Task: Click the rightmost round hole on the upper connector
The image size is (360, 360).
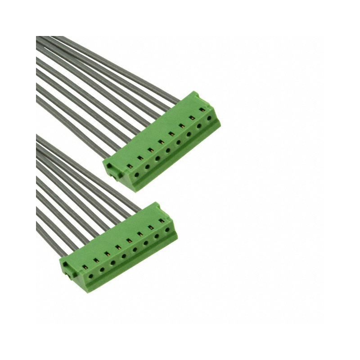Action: pyautogui.click(x=209, y=119)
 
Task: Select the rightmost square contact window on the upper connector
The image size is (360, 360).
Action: pyautogui.click(x=202, y=109)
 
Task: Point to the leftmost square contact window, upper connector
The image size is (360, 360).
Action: pyautogui.click(x=130, y=166)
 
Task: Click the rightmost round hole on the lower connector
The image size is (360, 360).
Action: pyautogui.click(x=167, y=229)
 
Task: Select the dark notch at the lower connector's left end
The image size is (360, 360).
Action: pyautogui.click(x=65, y=269)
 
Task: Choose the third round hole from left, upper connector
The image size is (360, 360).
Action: pyautogui.click(x=157, y=158)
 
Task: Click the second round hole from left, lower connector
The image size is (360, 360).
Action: pyautogui.click(x=102, y=269)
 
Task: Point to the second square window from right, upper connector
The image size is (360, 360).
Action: pyautogui.click(x=192, y=117)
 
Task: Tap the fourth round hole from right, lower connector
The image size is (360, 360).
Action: pyautogui.click(x=135, y=249)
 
